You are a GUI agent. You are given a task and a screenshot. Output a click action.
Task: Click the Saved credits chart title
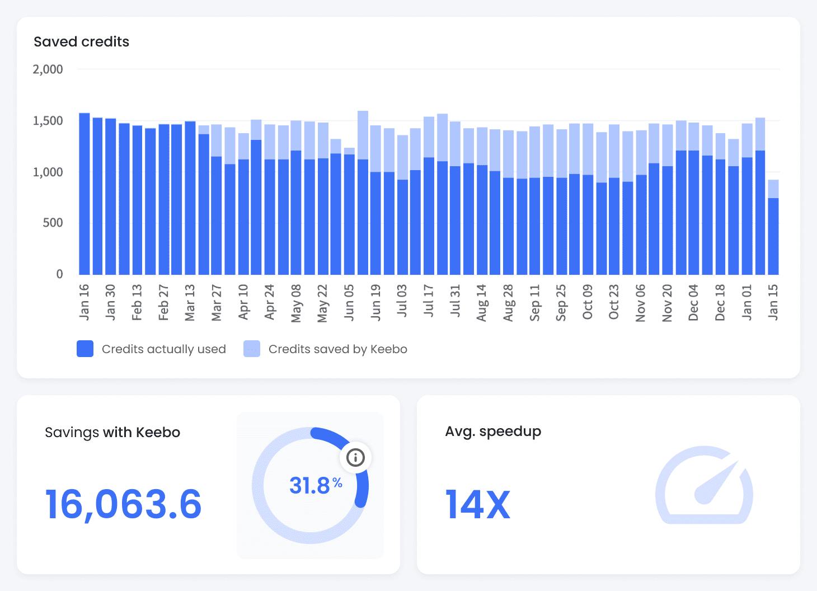click(x=81, y=42)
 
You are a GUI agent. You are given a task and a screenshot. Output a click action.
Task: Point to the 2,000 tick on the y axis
click(x=48, y=69)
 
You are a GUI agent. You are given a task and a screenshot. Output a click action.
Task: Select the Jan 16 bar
click(x=84, y=193)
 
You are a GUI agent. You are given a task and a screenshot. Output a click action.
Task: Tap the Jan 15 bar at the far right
click(x=773, y=235)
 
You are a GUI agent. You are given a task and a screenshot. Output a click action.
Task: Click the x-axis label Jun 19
click(x=375, y=302)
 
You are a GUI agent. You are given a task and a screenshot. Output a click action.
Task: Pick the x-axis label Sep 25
click(x=561, y=302)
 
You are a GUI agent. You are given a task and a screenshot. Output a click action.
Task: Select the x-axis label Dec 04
click(x=693, y=302)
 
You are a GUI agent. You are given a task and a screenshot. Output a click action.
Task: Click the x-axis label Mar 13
click(x=190, y=302)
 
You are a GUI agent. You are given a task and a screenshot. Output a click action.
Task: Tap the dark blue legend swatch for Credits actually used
click(x=85, y=349)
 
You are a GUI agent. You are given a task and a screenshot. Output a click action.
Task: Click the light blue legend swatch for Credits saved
click(x=252, y=349)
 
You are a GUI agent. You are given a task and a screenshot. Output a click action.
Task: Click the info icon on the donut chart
click(x=355, y=457)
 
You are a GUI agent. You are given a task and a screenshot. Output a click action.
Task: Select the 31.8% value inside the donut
click(x=316, y=485)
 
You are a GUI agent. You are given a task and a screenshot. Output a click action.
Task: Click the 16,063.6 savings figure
click(x=123, y=504)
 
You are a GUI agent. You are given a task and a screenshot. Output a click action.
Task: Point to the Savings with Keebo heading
click(x=112, y=433)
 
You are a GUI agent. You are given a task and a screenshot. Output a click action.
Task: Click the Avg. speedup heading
click(x=493, y=431)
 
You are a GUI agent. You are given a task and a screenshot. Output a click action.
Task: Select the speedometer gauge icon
click(x=704, y=485)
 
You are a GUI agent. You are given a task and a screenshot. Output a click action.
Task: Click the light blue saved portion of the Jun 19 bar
click(x=375, y=148)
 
